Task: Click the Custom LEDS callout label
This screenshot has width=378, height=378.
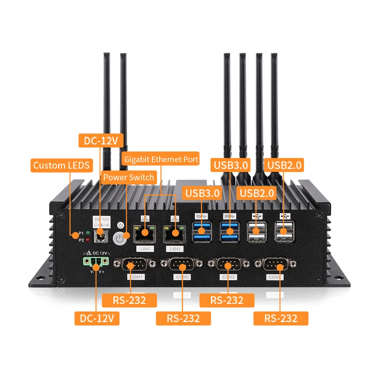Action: pyautogui.click(x=61, y=165)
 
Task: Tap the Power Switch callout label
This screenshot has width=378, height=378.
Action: pyautogui.click(x=129, y=177)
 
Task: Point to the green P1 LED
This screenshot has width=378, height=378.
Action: pyautogui.click(x=88, y=233)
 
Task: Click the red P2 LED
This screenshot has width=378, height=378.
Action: pyautogui.click(x=88, y=240)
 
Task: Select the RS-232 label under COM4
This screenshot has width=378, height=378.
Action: pyautogui.click(x=280, y=318)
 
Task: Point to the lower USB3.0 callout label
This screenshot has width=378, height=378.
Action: pyautogui.click(x=202, y=193)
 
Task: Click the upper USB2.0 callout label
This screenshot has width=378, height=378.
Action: pyautogui.click(x=285, y=165)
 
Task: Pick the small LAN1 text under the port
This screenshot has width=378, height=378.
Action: pyautogui.click(x=145, y=249)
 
